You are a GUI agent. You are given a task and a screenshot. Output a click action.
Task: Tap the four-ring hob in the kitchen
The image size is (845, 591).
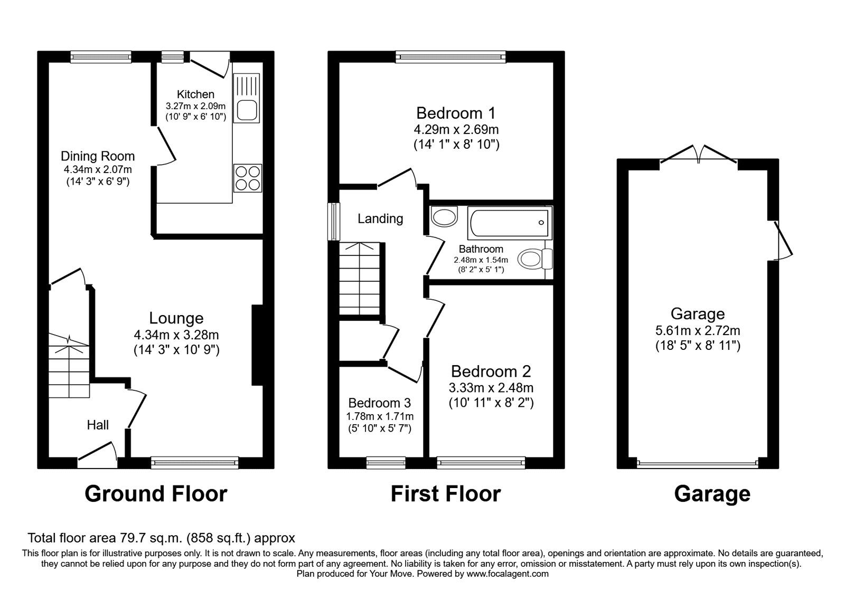point(248,178)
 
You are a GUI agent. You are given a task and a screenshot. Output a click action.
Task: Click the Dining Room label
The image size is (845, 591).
point(98,156)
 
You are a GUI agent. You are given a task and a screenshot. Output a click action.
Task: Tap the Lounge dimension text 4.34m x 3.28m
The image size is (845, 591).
point(176,335)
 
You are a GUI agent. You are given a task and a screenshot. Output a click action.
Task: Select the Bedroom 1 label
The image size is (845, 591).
point(456,113)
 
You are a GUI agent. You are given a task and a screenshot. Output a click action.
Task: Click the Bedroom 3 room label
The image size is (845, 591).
point(379,403)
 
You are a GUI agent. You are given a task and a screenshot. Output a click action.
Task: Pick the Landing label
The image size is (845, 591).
point(380,218)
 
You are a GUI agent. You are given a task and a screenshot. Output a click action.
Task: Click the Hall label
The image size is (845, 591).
point(98,425)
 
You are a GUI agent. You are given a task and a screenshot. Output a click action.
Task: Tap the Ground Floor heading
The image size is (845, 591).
point(156,494)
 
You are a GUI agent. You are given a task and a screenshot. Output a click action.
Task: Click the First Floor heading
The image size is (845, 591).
point(445,494)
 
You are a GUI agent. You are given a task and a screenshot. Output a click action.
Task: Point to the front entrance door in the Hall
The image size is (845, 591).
point(98,455)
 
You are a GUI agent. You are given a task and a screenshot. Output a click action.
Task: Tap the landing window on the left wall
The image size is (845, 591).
point(334,222)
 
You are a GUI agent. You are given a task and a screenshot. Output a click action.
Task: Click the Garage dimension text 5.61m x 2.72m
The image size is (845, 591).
point(697,331)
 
